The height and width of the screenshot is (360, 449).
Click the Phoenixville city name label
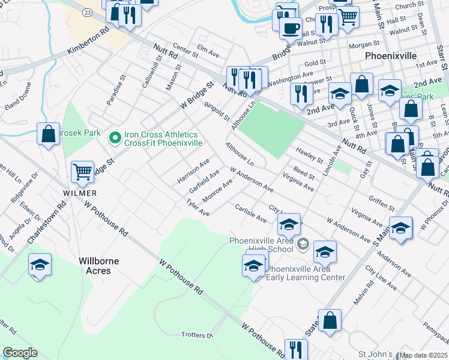[390, 55]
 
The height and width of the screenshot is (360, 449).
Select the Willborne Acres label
[99, 266]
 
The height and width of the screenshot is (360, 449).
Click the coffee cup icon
[291, 27]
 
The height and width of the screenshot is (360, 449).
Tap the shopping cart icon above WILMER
[82, 172]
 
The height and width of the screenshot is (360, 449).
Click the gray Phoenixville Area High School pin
[303, 242]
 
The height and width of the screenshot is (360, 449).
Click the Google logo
[20, 353]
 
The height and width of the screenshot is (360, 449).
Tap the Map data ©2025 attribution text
[423, 355]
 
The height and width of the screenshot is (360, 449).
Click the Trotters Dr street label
[197, 335]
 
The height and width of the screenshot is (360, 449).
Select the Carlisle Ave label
[252, 214]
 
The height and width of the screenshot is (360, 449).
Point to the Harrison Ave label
[193, 171]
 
